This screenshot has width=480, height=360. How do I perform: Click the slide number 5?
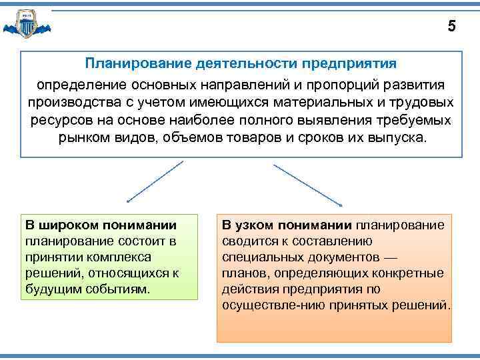tap(452, 27)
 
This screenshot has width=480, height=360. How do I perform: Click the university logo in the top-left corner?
tap(26, 25)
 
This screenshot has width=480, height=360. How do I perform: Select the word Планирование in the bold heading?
tap(139, 63)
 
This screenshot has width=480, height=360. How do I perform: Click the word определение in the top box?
tap(73, 86)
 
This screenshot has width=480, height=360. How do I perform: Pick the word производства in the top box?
tap(70, 104)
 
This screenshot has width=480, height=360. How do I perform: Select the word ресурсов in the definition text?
tap(56, 122)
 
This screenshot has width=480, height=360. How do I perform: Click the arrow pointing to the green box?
tap(154, 181)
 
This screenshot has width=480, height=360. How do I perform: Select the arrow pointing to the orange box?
tap(308, 185)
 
